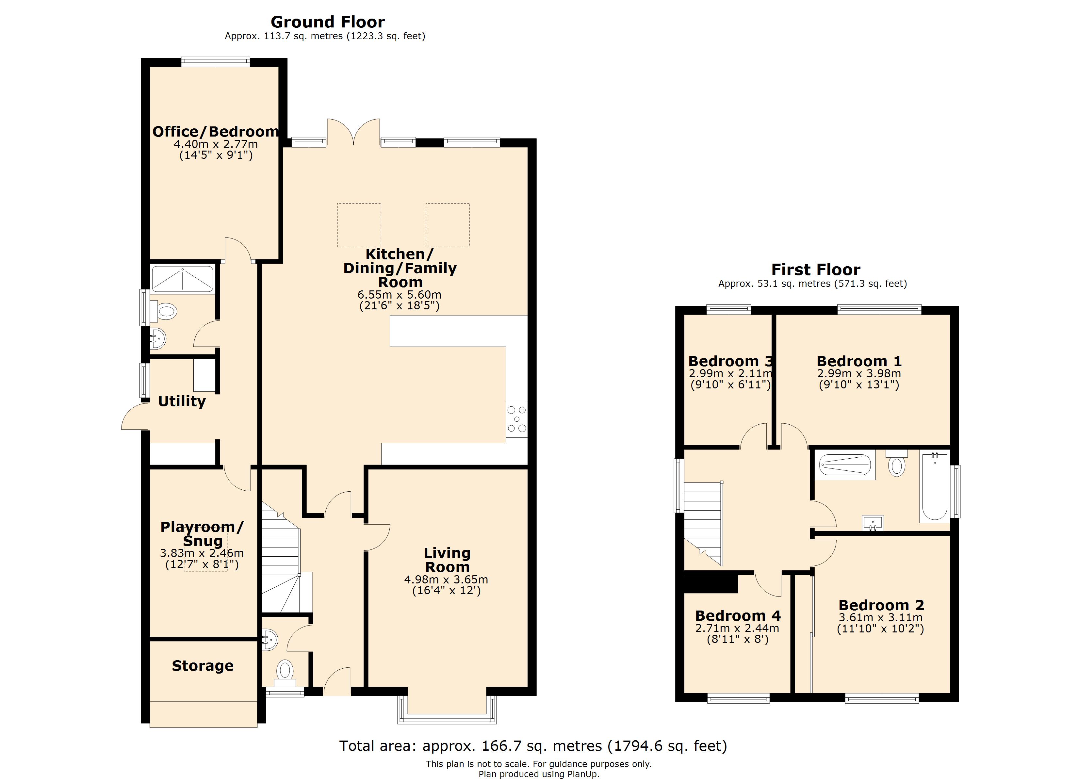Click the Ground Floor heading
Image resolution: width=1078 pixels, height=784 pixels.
328,22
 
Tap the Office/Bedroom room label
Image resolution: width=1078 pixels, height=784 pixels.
215,132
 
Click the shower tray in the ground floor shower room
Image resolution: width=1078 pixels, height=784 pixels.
182,279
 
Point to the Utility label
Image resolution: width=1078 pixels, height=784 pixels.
182,401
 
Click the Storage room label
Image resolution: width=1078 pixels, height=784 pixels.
203,666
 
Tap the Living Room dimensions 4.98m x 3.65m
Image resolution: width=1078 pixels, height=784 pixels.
446,580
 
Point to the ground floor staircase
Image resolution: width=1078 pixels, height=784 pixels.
280,561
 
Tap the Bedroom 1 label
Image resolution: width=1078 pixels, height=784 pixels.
859,361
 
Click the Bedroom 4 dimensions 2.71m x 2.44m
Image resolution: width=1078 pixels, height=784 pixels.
737,629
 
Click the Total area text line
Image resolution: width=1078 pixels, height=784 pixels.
533,745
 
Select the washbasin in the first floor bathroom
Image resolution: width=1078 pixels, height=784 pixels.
873,523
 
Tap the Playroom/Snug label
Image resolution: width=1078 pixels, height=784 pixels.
202,533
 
